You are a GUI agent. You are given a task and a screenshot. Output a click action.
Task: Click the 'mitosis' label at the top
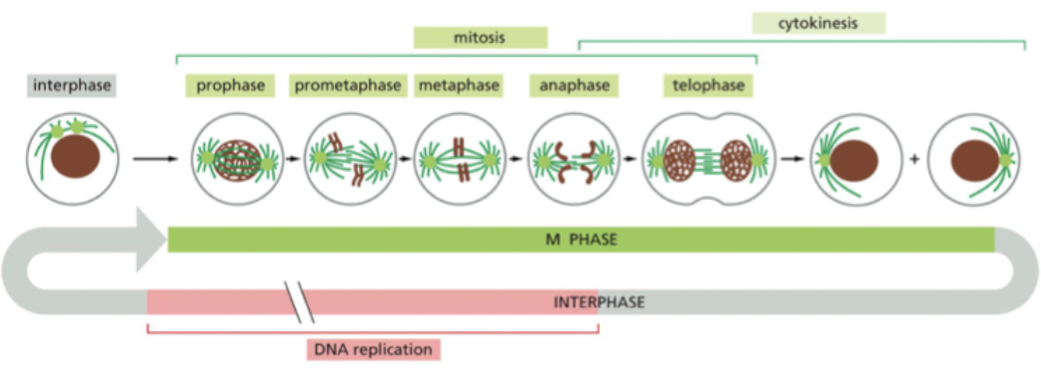480,38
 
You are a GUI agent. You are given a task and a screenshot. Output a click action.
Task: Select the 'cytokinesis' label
818,24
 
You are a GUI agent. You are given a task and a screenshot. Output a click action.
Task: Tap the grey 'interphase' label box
72,86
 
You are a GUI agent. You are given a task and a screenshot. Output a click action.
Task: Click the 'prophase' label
230,86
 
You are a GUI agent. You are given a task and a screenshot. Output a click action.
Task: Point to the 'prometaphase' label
348,86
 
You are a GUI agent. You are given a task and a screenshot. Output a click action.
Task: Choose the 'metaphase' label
459,86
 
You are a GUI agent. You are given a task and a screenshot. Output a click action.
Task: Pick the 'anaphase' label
574,86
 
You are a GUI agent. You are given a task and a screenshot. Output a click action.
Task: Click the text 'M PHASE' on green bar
581,240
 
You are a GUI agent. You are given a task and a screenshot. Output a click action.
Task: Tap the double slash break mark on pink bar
299,302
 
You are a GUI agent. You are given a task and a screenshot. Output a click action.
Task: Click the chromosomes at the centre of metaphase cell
459,159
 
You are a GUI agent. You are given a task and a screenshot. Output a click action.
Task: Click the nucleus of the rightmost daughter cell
974,160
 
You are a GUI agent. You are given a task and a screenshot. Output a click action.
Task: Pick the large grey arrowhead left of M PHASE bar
150,240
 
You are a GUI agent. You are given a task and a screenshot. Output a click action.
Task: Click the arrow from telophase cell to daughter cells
792,159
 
